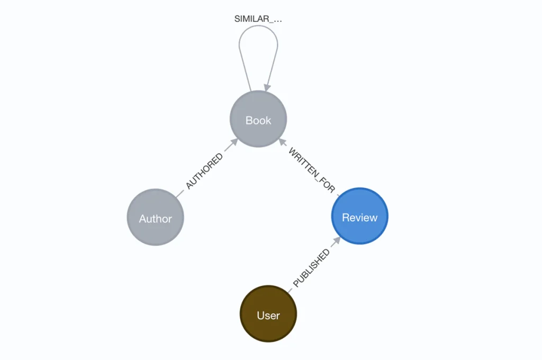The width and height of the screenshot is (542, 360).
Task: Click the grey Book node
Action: pos(258,119)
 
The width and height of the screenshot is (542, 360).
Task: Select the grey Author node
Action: pos(155,218)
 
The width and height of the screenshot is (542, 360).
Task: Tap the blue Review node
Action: pos(360,217)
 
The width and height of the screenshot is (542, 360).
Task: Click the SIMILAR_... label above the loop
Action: pos(258,19)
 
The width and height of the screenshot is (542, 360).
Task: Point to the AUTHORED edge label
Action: pos(204,171)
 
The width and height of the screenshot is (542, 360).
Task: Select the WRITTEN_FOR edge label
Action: pos(312,170)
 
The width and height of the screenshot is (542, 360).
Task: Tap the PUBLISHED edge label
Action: pos(311,268)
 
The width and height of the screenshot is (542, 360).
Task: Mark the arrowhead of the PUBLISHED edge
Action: pos(336,241)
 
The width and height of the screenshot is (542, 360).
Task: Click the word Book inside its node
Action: pos(258,121)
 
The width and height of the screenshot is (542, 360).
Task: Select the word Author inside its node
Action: pos(155,219)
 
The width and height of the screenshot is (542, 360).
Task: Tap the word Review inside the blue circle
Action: pos(360,218)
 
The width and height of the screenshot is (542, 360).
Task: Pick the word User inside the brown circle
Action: pos(268,316)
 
